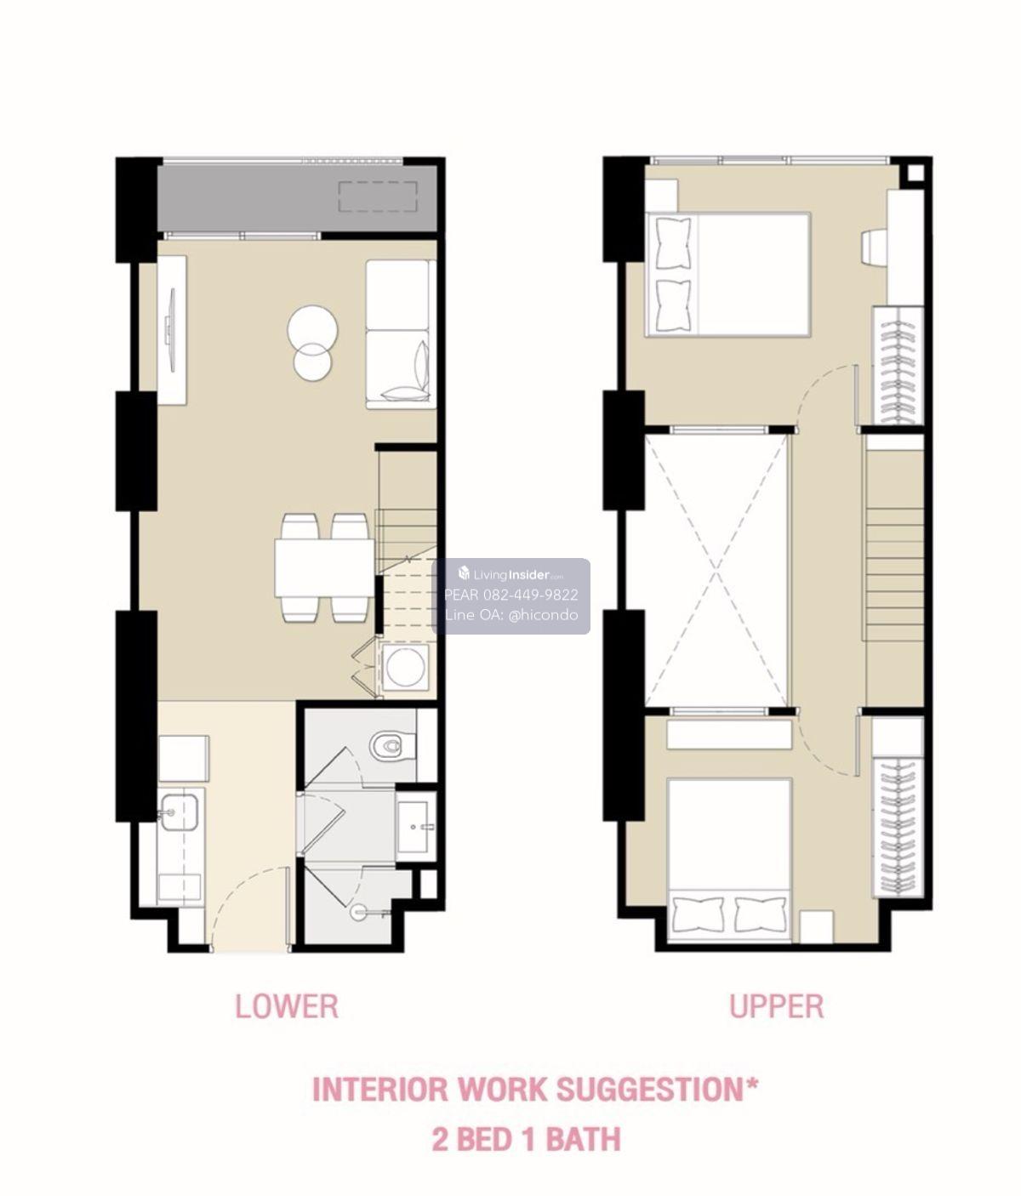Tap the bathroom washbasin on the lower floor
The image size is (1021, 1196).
pos(414,827)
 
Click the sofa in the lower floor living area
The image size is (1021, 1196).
pos(401,334)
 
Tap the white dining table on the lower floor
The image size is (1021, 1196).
pos(324,567)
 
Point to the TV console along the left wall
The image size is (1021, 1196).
pos(172,330)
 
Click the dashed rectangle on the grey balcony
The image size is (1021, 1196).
pos(378,197)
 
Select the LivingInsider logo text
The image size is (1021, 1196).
pos(511,574)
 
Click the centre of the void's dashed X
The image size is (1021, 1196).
pos(716,571)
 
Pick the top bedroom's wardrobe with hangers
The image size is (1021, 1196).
pos(898,367)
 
